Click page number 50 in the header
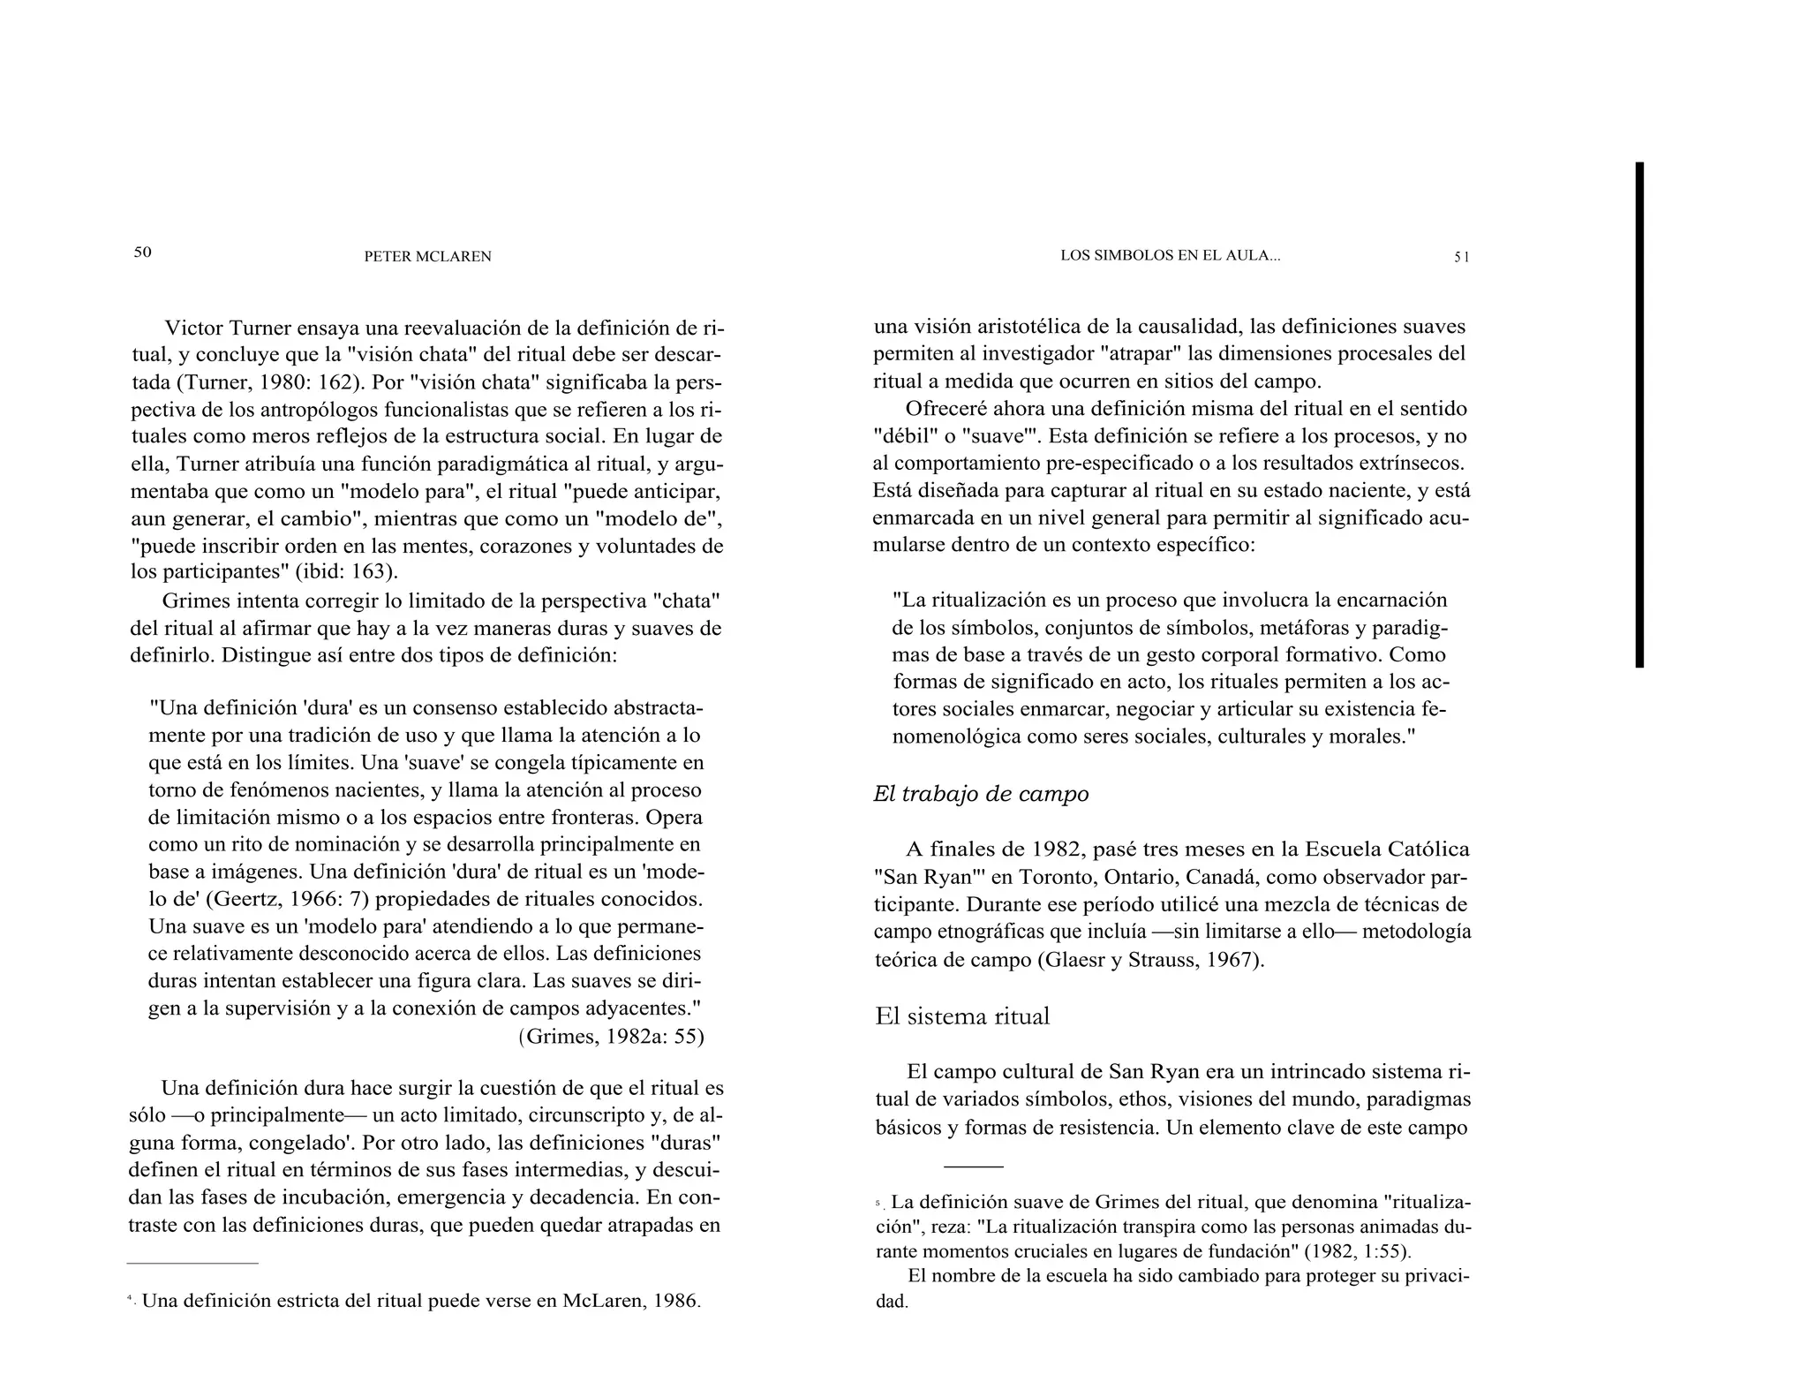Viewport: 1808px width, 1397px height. (142, 253)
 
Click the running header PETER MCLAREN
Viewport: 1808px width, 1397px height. (427, 257)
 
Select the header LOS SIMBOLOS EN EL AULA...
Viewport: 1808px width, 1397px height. (1170, 256)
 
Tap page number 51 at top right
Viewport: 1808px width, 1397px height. (1462, 257)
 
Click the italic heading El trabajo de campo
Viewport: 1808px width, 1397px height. (981, 794)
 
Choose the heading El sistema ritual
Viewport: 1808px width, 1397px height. (962, 1016)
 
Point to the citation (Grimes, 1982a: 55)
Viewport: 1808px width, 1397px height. (611, 1036)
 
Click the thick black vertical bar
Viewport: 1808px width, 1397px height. (1639, 414)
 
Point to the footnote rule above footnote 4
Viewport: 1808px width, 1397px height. (192, 1263)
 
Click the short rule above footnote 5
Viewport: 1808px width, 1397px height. (973, 1167)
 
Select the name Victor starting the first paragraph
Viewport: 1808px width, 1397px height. (194, 328)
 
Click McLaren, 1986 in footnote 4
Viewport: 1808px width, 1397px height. (630, 1302)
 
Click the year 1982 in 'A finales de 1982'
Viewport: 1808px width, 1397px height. (1057, 850)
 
